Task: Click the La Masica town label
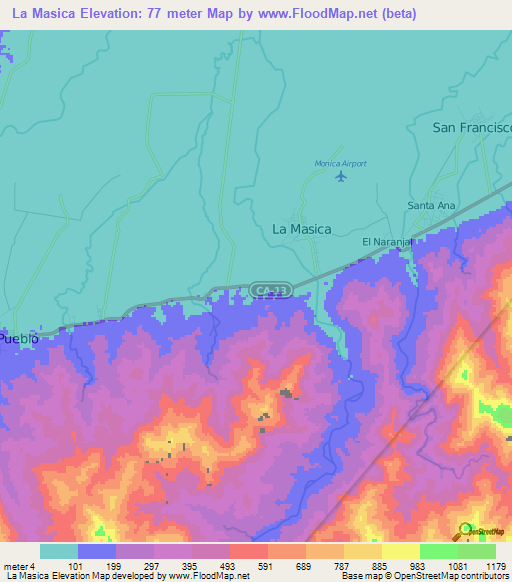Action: (301, 229)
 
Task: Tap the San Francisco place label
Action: (471, 128)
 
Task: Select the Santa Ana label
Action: (431, 206)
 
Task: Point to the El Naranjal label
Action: (387, 242)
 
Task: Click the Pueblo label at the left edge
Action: (19, 339)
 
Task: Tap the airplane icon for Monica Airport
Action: (341, 177)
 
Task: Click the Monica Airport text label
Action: (341, 163)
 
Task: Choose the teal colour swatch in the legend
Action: (59, 551)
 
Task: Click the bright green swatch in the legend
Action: (439, 551)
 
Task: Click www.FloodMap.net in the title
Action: (317, 13)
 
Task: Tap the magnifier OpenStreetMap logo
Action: (467, 529)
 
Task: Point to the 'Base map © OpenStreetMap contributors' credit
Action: (423, 575)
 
